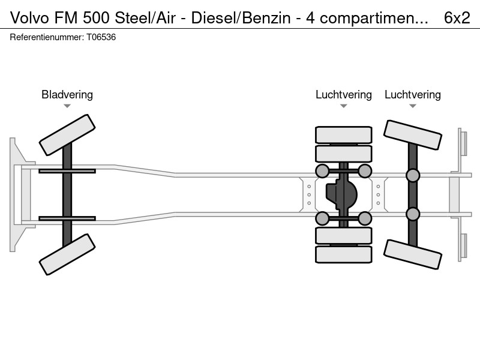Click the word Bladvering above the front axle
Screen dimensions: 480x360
point(67,95)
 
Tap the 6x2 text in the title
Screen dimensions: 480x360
point(457,18)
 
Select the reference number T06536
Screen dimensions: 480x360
point(101,37)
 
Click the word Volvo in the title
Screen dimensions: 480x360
point(29,18)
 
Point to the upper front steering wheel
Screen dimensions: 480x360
point(67,135)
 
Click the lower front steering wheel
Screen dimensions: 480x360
point(67,254)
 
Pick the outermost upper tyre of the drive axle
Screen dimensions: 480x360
point(344,134)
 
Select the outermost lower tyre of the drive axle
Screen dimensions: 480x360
point(344,254)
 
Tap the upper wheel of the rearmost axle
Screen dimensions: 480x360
point(413,135)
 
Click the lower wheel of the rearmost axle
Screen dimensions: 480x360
point(413,254)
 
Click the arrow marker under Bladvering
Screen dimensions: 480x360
point(67,106)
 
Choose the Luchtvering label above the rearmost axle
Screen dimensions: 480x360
point(413,95)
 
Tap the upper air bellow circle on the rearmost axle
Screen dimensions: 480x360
point(413,175)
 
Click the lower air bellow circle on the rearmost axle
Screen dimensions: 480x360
point(413,214)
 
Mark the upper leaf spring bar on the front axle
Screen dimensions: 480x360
point(67,171)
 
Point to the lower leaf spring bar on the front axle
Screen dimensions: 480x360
point(67,218)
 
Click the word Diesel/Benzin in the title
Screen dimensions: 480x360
point(241,18)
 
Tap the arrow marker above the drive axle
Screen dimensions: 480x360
point(344,106)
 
